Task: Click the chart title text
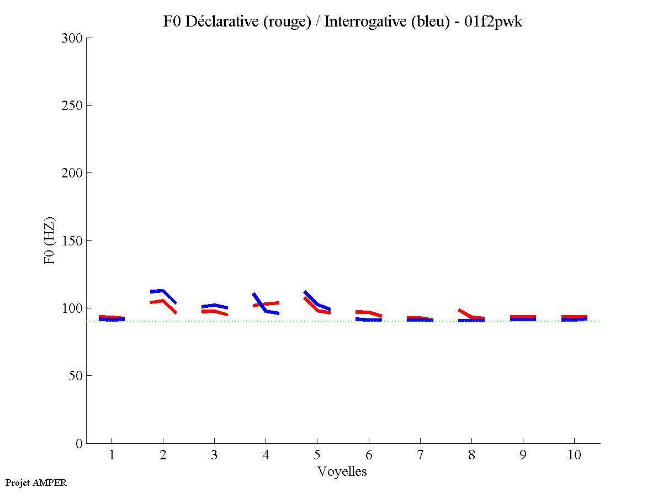click(x=342, y=22)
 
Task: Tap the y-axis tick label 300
click(x=73, y=38)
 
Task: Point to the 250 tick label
click(x=73, y=106)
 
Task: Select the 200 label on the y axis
click(x=73, y=173)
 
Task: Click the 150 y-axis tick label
click(x=73, y=241)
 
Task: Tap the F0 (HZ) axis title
click(x=50, y=240)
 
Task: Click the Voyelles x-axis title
click(x=342, y=471)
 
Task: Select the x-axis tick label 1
click(x=112, y=455)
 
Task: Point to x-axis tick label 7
click(x=420, y=455)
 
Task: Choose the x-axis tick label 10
click(x=574, y=455)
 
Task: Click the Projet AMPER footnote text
click(x=36, y=483)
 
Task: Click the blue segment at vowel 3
click(x=214, y=306)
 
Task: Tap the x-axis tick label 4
click(x=266, y=455)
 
